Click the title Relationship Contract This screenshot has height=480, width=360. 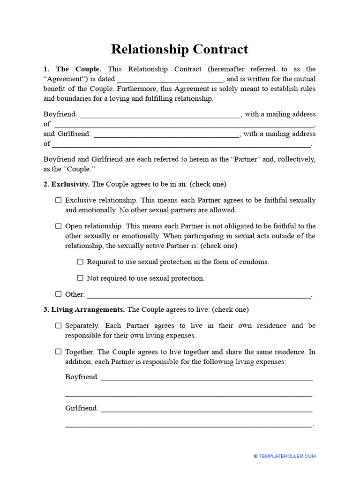tap(180, 49)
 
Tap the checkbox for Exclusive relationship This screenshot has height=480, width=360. tap(59, 200)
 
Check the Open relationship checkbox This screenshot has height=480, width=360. tap(59, 226)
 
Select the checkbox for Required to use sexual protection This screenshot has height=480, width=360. tap(80, 262)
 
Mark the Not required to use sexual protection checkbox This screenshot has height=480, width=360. tap(80, 278)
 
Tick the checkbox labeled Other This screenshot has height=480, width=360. tap(59, 294)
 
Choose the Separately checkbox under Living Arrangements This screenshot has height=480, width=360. tap(59, 325)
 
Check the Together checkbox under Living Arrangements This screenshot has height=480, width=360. tap(59, 352)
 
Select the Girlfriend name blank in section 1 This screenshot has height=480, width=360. tap(167, 135)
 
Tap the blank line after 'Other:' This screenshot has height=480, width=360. tap(199, 295)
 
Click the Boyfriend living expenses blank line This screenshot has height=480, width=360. tap(207, 378)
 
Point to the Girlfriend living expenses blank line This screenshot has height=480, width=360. tap(206, 409)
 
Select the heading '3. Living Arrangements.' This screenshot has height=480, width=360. tap(84, 309)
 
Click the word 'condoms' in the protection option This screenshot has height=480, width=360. tap(254, 262)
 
